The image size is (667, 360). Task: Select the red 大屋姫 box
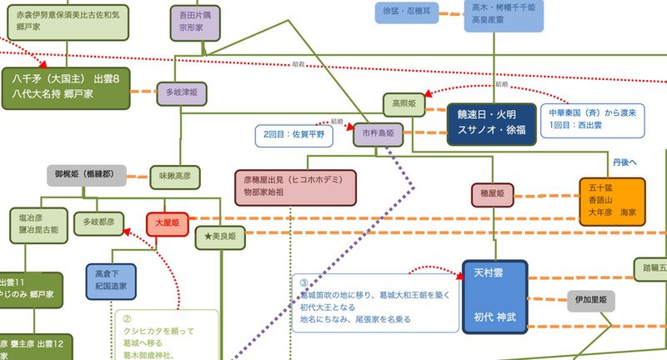tap(168, 223)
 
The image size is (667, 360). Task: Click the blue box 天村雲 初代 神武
tap(495, 296)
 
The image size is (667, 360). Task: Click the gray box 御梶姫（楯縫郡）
tap(87, 176)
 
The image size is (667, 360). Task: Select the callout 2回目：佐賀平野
tap(293, 133)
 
